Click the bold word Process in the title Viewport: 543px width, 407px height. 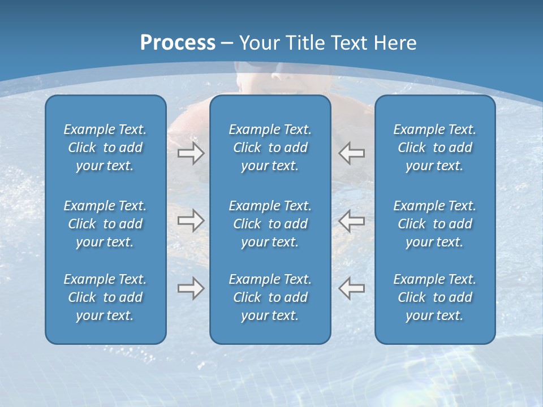(x=177, y=43)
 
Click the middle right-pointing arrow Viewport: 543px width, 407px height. (x=191, y=220)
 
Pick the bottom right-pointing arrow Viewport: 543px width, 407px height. (x=191, y=288)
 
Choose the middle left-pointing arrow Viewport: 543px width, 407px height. (x=352, y=220)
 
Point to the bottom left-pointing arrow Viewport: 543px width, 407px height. (x=352, y=288)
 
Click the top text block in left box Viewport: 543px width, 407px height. (x=105, y=148)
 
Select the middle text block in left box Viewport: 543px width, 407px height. (x=105, y=224)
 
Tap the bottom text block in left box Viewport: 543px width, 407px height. (x=105, y=297)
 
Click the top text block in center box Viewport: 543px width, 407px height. (x=270, y=148)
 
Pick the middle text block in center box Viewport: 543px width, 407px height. (x=270, y=224)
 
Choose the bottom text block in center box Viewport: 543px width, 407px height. (x=270, y=297)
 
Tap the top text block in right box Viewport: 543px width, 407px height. (x=434, y=148)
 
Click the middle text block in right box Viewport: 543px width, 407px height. (x=434, y=224)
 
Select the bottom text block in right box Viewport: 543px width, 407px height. (x=434, y=297)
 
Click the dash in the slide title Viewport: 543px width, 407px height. (x=227, y=44)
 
